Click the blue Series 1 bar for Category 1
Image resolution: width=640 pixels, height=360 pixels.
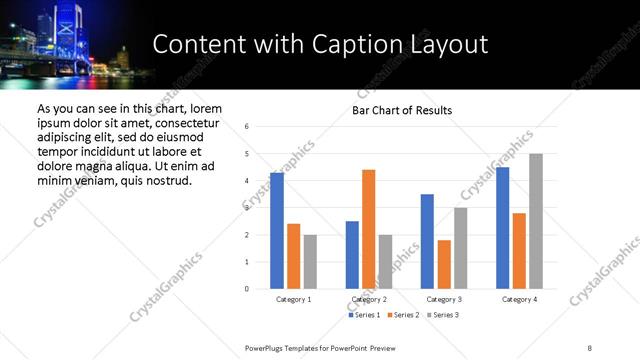277,231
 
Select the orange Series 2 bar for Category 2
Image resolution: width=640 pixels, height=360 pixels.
368,229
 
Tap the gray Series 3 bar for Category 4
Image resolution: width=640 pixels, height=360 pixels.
536,221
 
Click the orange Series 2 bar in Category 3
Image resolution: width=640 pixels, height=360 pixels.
444,264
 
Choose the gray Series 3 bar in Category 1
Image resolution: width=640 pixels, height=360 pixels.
310,262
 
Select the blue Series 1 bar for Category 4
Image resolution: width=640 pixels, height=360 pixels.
502,228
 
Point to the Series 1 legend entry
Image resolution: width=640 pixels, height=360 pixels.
364,315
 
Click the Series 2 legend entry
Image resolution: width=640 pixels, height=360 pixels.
403,315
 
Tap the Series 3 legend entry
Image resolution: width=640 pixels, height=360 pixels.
441,315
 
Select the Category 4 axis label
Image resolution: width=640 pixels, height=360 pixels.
519,299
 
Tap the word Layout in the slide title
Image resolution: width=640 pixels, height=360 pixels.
454,45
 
